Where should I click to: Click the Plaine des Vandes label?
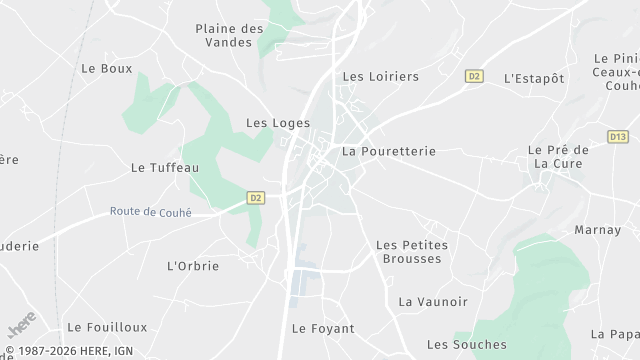click(229, 37)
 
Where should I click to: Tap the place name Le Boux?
click(106, 69)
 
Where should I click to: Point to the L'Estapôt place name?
click(534, 78)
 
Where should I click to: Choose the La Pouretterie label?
click(389, 152)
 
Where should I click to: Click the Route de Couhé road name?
click(150, 212)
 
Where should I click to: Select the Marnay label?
click(598, 230)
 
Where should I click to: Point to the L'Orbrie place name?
click(193, 266)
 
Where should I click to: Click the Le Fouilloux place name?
click(107, 327)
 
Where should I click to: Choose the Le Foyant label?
click(317, 328)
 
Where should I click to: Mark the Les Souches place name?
click(466, 345)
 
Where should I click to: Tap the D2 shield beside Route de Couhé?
click(256, 198)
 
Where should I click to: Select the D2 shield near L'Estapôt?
click(474, 75)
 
